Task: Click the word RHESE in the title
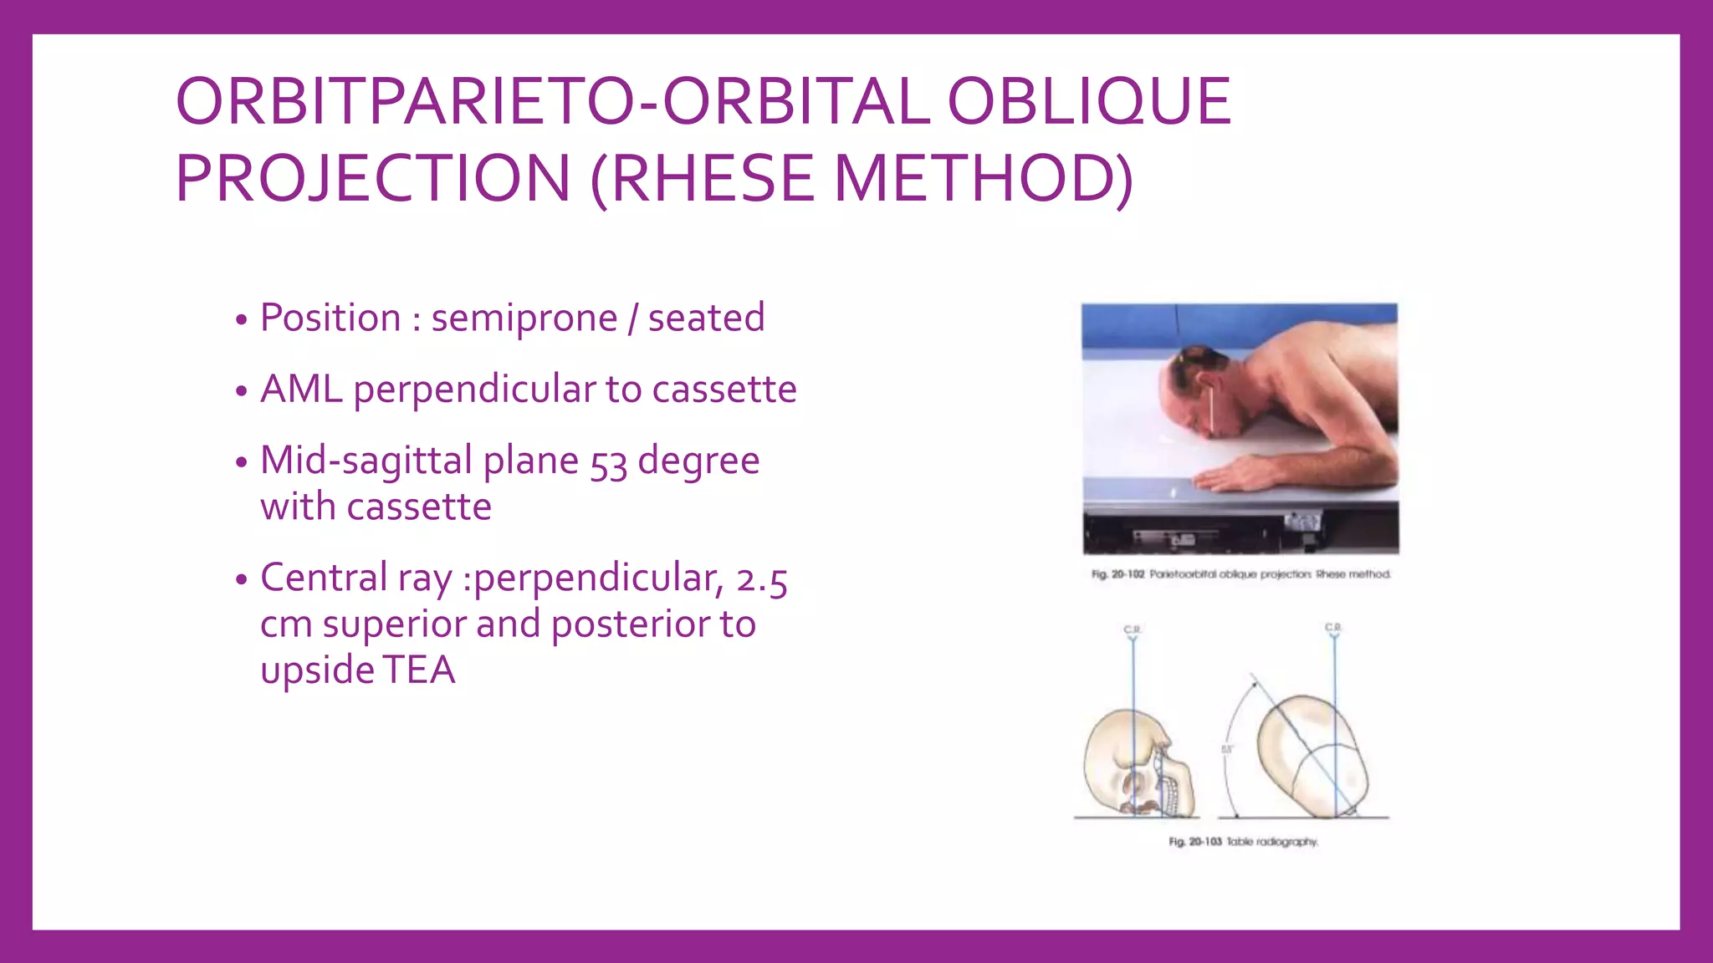(713, 179)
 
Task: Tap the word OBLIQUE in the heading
(1088, 102)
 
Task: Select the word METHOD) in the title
(984, 179)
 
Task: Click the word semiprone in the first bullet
(524, 318)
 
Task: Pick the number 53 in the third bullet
(608, 462)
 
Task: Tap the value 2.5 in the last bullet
(761, 579)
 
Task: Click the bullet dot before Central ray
(242, 580)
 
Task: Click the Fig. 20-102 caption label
(1117, 574)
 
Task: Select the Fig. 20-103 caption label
(1195, 842)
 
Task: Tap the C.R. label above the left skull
(1133, 629)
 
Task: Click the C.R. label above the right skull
(1333, 627)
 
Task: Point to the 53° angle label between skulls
(1227, 749)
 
